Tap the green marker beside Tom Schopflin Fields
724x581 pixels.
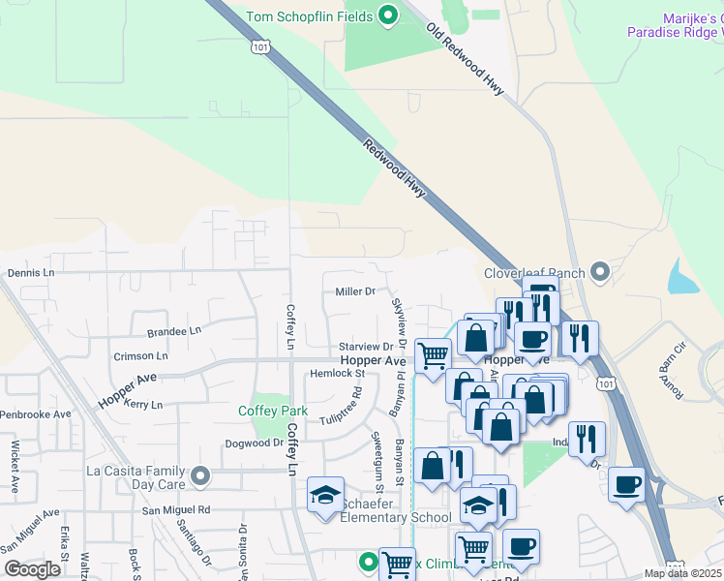[x=388, y=15]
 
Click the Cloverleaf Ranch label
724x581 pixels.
[x=535, y=273]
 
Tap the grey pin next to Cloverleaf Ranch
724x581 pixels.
[x=601, y=273]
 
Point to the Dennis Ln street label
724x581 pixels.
[x=31, y=274]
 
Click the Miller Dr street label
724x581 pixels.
[x=354, y=291]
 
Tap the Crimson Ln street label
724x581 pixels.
[x=140, y=355]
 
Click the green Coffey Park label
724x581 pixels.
[x=273, y=411]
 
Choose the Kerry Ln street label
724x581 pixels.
[x=142, y=404]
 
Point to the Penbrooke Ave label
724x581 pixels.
[x=36, y=414]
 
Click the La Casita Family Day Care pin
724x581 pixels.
[x=200, y=475]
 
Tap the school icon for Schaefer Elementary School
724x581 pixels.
[x=326, y=497]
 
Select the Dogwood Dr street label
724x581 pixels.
[x=254, y=443]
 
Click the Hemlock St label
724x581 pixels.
[x=336, y=373]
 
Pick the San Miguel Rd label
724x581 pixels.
[x=176, y=509]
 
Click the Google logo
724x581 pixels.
[x=32, y=569]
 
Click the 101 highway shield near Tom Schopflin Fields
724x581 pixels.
[x=258, y=46]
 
